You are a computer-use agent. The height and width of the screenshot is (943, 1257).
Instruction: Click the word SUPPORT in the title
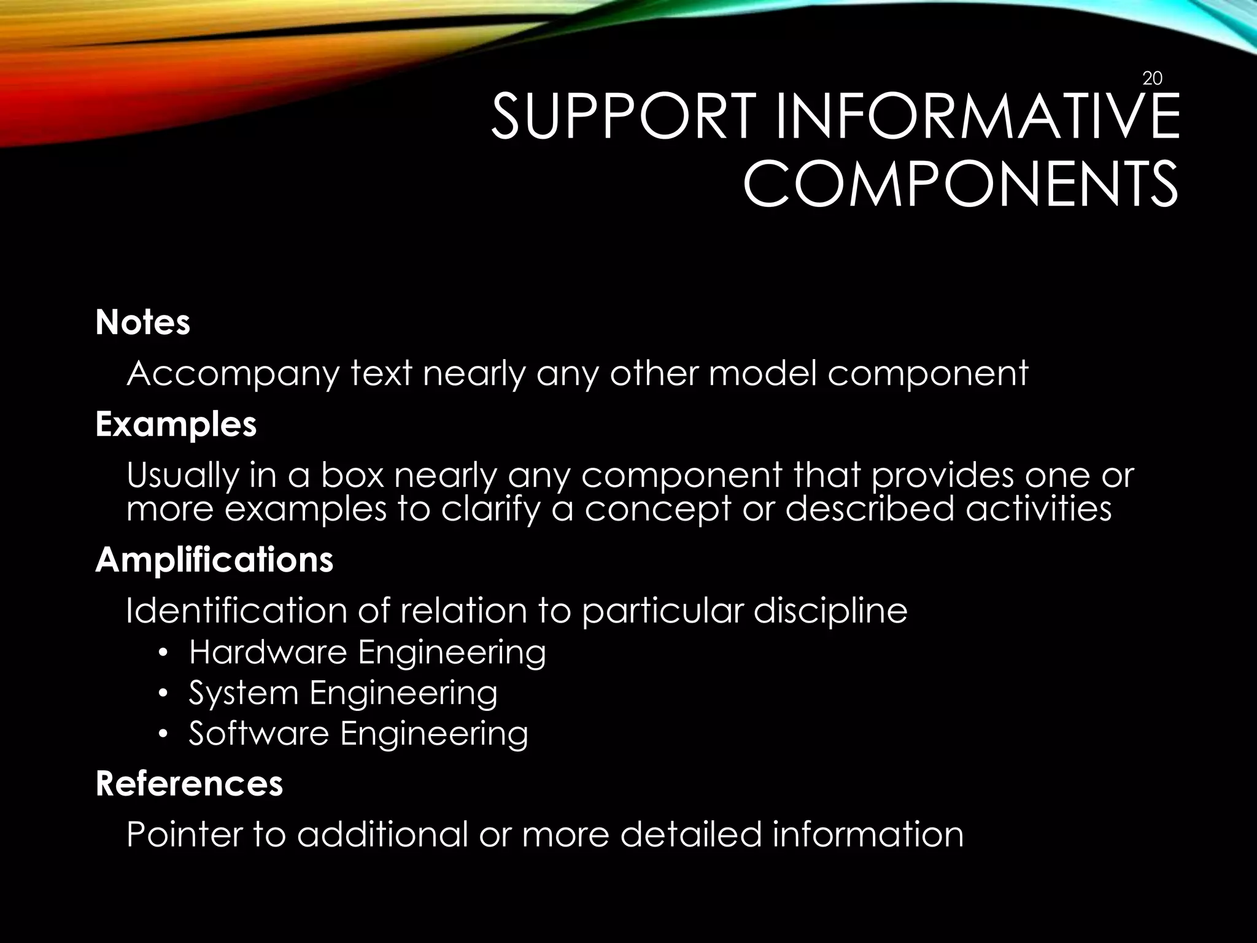tap(621, 117)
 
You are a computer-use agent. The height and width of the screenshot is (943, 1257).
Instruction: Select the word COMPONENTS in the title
tap(961, 184)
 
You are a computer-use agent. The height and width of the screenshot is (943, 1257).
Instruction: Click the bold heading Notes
tap(143, 322)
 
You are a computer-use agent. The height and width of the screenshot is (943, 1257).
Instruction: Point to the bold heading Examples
tap(176, 424)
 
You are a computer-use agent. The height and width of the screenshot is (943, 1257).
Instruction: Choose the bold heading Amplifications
tap(214, 560)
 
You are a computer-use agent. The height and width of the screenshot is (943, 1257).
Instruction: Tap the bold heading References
tap(190, 783)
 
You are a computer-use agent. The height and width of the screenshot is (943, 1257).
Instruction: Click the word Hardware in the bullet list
tap(269, 652)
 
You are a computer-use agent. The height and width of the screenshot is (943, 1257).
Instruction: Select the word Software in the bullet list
tap(258, 733)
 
